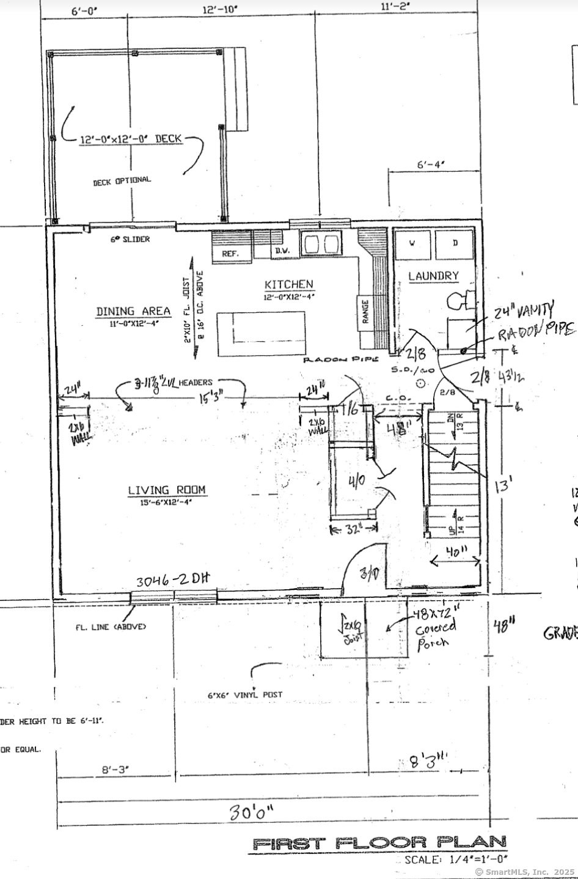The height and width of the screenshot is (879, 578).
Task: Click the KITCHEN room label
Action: point(289,285)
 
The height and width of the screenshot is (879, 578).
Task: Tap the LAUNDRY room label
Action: point(433,276)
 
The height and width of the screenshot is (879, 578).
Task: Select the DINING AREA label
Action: point(133,312)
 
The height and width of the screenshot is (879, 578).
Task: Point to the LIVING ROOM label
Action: point(167,490)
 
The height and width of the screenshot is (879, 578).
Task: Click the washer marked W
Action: point(412,244)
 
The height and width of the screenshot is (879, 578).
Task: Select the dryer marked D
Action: point(455,244)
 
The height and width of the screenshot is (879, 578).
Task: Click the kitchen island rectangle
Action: point(261,333)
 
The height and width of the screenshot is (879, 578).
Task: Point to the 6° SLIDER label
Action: point(130,240)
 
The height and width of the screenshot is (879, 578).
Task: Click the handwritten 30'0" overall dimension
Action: point(252,813)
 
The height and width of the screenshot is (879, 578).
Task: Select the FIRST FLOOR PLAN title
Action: point(379,844)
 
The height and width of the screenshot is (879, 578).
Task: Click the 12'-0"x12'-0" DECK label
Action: point(131,139)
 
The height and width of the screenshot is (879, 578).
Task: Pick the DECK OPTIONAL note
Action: point(122,181)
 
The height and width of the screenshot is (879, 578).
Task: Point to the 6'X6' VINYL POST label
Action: point(245,695)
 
